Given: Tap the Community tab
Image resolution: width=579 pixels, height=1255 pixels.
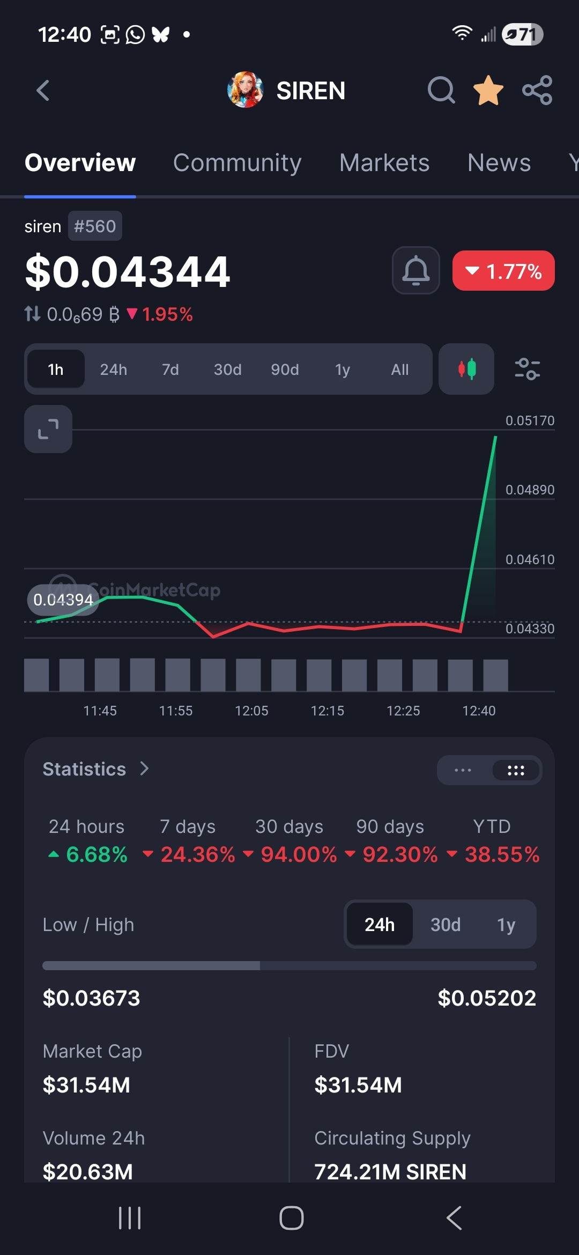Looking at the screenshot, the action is (x=237, y=163).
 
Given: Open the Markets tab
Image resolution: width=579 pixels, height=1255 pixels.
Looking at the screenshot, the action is (x=384, y=163).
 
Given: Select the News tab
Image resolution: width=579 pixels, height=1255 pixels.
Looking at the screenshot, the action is (x=499, y=163).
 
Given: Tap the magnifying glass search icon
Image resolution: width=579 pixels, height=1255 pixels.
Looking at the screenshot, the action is (x=441, y=90).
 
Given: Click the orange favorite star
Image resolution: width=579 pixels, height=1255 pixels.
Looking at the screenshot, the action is (x=488, y=90).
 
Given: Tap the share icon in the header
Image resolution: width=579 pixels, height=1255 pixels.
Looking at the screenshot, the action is (x=537, y=90).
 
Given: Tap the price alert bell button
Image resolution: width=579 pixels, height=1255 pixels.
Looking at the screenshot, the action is (x=416, y=270).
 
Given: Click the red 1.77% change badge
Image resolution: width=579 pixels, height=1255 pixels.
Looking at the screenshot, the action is (x=503, y=271).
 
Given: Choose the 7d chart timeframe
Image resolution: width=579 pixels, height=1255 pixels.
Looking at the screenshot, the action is (x=170, y=370).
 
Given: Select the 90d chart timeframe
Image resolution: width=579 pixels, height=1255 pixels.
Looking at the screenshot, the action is (x=285, y=370).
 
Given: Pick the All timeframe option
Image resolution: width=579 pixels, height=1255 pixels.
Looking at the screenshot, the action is (x=400, y=370).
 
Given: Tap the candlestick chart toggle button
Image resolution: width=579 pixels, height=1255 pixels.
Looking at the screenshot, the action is (x=466, y=369).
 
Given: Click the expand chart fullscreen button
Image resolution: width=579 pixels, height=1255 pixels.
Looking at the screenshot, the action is (x=48, y=429).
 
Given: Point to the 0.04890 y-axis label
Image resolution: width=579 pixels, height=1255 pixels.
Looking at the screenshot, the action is (x=530, y=490).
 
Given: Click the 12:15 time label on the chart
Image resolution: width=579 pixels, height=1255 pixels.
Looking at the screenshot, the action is (x=328, y=711).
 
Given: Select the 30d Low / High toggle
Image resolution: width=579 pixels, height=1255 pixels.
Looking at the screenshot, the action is (x=446, y=925).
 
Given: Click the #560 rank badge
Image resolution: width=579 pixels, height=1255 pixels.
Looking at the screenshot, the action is (x=95, y=226).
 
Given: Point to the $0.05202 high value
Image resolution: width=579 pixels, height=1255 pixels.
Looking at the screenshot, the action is (x=487, y=998).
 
